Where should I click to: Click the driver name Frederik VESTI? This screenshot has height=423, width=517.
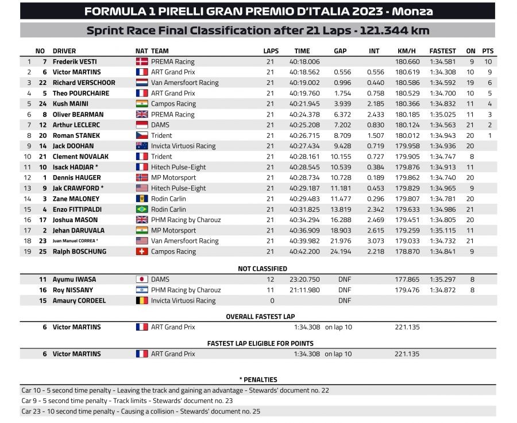coord(76,61)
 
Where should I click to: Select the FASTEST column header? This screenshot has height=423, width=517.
coord(442,51)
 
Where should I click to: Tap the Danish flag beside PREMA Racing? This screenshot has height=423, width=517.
coord(141,61)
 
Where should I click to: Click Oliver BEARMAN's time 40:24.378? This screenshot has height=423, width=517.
coord(307,114)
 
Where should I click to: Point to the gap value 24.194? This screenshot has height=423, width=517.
coord(341,251)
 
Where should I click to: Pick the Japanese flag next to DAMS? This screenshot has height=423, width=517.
coord(141,280)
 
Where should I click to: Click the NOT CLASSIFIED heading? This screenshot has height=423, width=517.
coord(263,269)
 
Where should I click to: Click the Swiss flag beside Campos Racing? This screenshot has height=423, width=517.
coord(141,251)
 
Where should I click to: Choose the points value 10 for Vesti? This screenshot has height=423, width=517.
coord(488,61)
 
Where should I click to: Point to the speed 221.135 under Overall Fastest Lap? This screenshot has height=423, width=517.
coord(407,327)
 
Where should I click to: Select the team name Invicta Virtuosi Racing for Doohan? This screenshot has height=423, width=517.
coord(183,146)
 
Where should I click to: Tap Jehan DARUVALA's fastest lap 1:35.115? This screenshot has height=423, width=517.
coord(442,230)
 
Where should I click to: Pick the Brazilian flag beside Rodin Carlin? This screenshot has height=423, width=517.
coord(141,209)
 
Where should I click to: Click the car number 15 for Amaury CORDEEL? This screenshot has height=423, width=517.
coord(42,300)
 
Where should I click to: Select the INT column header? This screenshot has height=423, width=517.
coord(374,51)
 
